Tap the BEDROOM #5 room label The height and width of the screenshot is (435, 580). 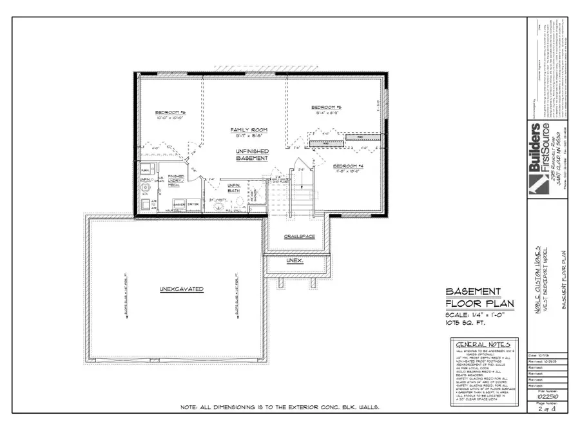(x=325, y=107)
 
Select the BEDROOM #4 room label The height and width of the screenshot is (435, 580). (x=348, y=166)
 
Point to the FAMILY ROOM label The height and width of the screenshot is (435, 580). (x=249, y=130)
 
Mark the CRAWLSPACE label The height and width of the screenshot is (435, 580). (x=300, y=237)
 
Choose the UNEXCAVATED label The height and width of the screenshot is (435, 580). (x=181, y=289)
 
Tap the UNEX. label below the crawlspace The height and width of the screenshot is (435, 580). (x=295, y=261)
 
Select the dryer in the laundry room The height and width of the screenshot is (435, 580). (x=192, y=204)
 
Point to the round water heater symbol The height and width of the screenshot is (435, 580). (x=145, y=189)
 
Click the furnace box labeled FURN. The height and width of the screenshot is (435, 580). (x=146, y=169)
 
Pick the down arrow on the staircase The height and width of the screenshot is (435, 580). (x=303, y=182)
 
